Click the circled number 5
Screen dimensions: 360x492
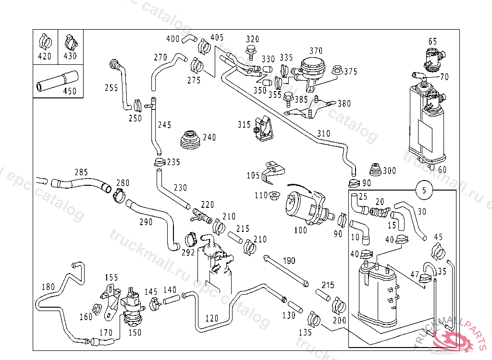424,190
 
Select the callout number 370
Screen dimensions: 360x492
316,50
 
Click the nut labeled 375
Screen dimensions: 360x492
337,70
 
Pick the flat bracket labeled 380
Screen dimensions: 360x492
310,108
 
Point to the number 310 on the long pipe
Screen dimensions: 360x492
324,133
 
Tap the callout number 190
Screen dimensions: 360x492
289,261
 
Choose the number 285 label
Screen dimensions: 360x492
81,172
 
